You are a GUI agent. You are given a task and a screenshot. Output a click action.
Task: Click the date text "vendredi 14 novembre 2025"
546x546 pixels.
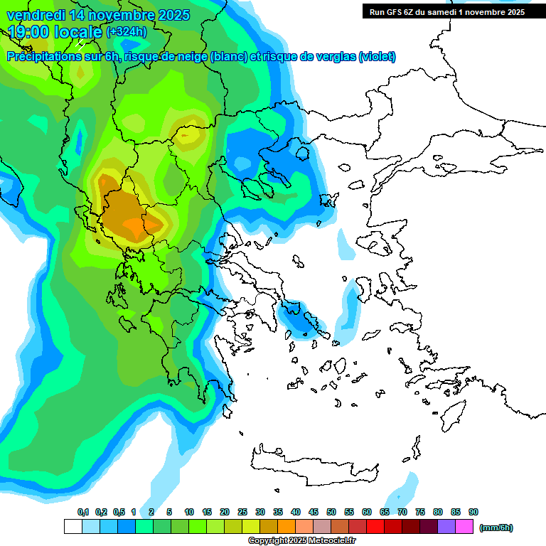98,15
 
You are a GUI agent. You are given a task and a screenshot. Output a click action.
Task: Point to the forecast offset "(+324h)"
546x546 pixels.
127,31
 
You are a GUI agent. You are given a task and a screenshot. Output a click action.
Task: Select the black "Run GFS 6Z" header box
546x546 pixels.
446,11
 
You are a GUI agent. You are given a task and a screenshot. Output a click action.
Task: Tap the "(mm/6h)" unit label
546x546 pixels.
496,528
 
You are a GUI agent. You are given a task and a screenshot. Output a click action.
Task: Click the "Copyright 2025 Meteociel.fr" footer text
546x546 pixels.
301,541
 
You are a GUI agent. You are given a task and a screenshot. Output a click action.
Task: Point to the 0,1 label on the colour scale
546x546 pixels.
83,513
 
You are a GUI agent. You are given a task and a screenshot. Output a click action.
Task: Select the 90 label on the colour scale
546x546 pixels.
473,513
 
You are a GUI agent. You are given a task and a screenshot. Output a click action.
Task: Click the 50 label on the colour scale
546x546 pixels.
331,513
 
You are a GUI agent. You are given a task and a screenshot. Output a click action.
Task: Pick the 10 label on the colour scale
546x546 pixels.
189,513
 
